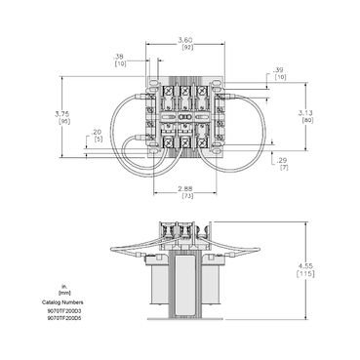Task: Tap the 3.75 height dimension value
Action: point(60,116)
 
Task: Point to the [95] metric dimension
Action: point(60,123)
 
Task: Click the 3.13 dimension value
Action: point(305,113)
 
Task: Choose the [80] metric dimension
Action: point(305,121)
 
